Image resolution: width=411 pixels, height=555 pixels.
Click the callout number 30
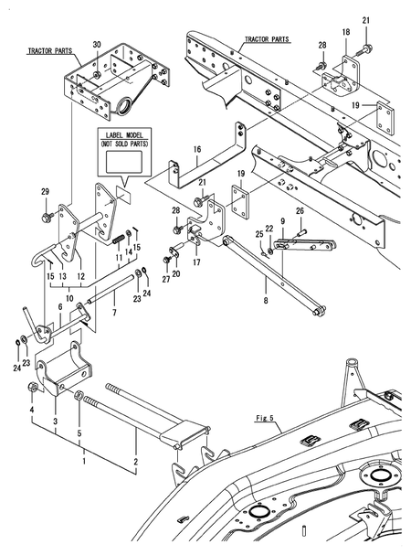pos(97,44)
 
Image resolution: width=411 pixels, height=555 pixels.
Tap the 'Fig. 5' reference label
pos(265,418)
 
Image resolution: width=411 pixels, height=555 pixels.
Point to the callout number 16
pos(197,149)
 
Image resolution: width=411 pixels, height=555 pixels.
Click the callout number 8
pos(266,301)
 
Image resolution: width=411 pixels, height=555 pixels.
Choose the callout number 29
pos(46,192)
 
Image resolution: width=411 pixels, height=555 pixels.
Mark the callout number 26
pos(300,211)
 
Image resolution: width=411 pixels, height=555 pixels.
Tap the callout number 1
pos(84,462)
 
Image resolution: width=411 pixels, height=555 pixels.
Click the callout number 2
pos(135,462)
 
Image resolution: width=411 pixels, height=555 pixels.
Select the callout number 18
pos(346,32)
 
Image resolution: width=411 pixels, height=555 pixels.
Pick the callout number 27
pos(166,279)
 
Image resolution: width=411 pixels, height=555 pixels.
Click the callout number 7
pos(114,313)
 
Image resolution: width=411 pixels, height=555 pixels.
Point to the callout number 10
pos(69,298)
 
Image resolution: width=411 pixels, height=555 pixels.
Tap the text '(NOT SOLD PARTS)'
pos(124,144)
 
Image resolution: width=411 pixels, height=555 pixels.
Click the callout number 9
pos(282,221)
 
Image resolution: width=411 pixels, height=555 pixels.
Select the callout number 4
pos(31,410)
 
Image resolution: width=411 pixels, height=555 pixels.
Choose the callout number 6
pos(60,307)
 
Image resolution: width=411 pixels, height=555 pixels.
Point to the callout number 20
pos(176,273)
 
